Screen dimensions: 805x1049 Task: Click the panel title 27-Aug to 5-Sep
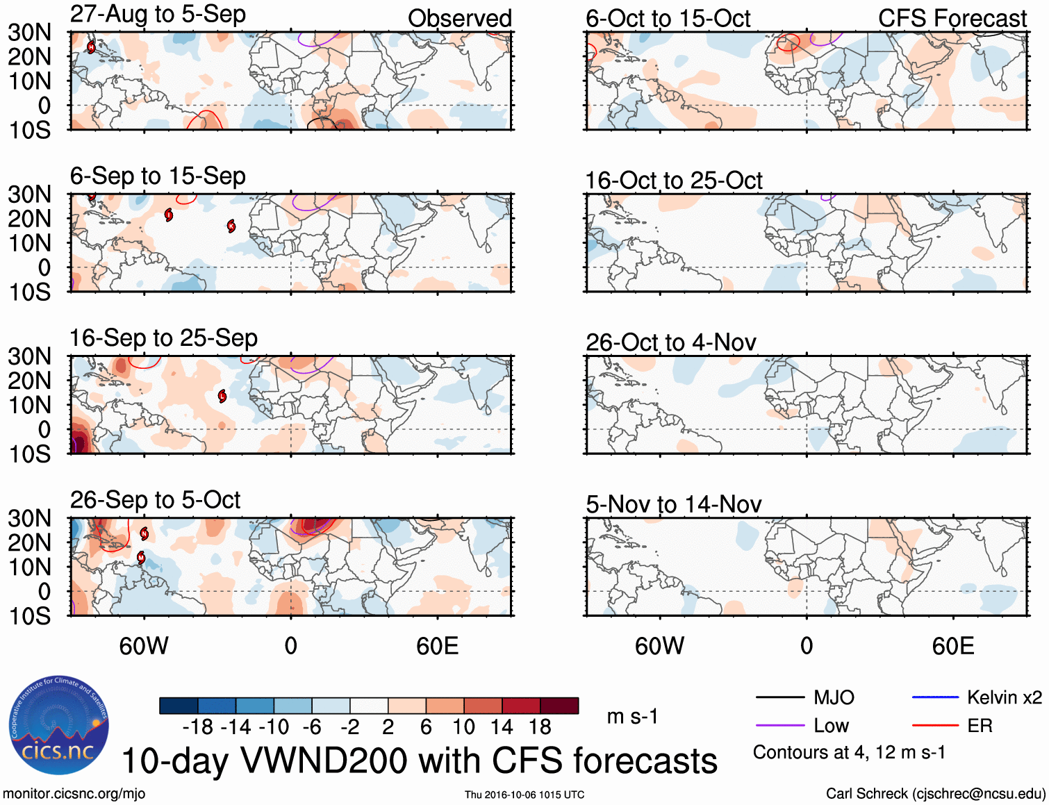pos(158,15)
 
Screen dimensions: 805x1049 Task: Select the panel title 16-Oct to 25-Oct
pos(673,181)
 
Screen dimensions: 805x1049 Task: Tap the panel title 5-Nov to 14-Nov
pos(673,504)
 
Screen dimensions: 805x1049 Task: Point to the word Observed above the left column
pos(459,18)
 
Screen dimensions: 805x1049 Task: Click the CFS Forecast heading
pos(952,18)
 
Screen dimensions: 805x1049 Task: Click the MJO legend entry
pos(834,697)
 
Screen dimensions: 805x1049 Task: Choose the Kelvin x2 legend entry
pos(1004,697)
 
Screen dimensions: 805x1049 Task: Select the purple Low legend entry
pos(831,726)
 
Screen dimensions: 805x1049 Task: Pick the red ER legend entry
pos(980,726)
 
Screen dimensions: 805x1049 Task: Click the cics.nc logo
pos(59,726)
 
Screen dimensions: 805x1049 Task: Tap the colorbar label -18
pos(197,727)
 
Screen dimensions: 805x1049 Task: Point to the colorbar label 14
pos(501,727)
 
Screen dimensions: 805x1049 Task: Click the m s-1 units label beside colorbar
pos(632,716)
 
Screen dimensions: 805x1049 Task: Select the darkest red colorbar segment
pos(559,706)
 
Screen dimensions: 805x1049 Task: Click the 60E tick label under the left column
pos(437,646)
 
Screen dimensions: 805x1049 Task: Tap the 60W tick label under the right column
pos(659,646)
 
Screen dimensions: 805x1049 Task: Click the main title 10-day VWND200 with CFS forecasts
pos(419,761)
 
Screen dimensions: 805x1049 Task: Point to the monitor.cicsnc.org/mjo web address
pos(74,793)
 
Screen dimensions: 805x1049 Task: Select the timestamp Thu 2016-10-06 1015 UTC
pos(524,795)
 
